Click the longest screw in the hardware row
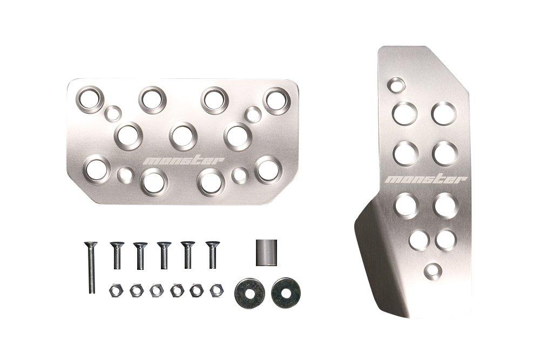[91, 267]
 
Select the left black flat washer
[249, 293]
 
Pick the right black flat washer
[286, 293]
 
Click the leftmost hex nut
[117, 290]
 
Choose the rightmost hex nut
[217, 290]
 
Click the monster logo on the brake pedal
[184, 161]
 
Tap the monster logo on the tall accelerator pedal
[426, 179]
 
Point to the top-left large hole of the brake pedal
[90, 99]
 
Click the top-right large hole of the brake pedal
[277, 101]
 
